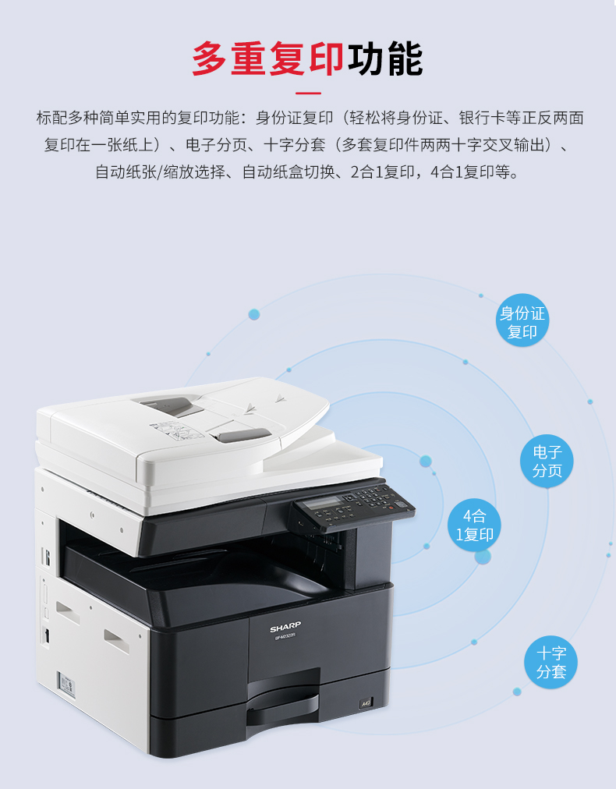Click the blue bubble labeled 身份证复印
(x=522, y=320)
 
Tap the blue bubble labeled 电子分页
(x=547, y=461)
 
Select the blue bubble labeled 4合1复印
(x=474, y=525)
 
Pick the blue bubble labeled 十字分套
(x=551, y=662)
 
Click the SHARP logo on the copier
(x=285, y=628)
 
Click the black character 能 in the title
(x=405, y=59)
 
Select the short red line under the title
(x=308, y=94)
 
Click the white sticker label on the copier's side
(x=66, y=685)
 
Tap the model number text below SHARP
(x=285, y=636)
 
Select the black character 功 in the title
(x=366, y=59)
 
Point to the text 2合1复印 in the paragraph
(x=383, y=172)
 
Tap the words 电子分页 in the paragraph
(x=217, y=146)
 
